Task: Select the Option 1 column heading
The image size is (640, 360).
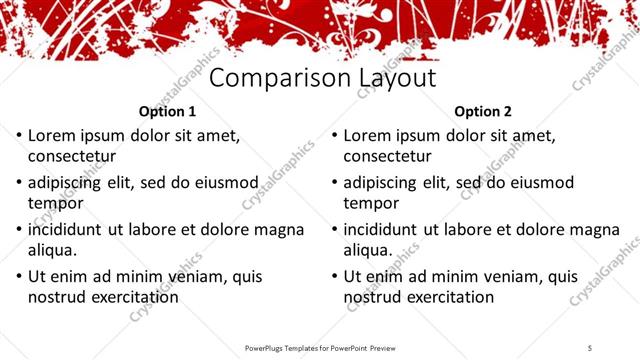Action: click(167, 112)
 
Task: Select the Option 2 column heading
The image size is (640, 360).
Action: click(483, 112)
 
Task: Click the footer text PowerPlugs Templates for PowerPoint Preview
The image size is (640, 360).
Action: click(320, 347)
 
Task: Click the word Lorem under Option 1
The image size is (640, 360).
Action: click(52, 135)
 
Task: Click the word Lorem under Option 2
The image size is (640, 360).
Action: click(368, 135)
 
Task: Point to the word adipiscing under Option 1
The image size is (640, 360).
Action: click(68, 183)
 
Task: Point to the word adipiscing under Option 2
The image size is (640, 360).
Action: click(384, 183)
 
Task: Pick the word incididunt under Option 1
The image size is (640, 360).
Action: click(68, 230)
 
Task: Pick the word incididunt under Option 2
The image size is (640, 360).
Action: click(384, 230)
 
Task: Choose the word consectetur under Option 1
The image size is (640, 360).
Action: click(72, 156)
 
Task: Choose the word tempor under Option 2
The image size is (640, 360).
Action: click(371, 204)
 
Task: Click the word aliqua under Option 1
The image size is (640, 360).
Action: click(51, 250)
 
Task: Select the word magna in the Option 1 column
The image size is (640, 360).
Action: click(281, 230)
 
